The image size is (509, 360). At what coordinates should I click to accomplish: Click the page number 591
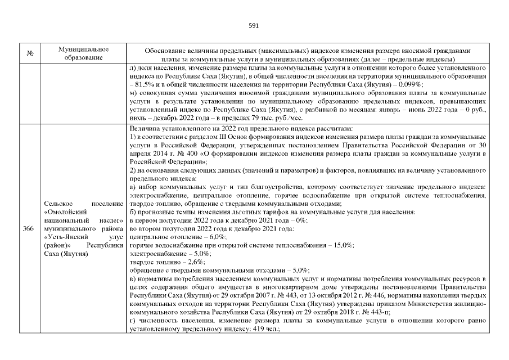254,25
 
